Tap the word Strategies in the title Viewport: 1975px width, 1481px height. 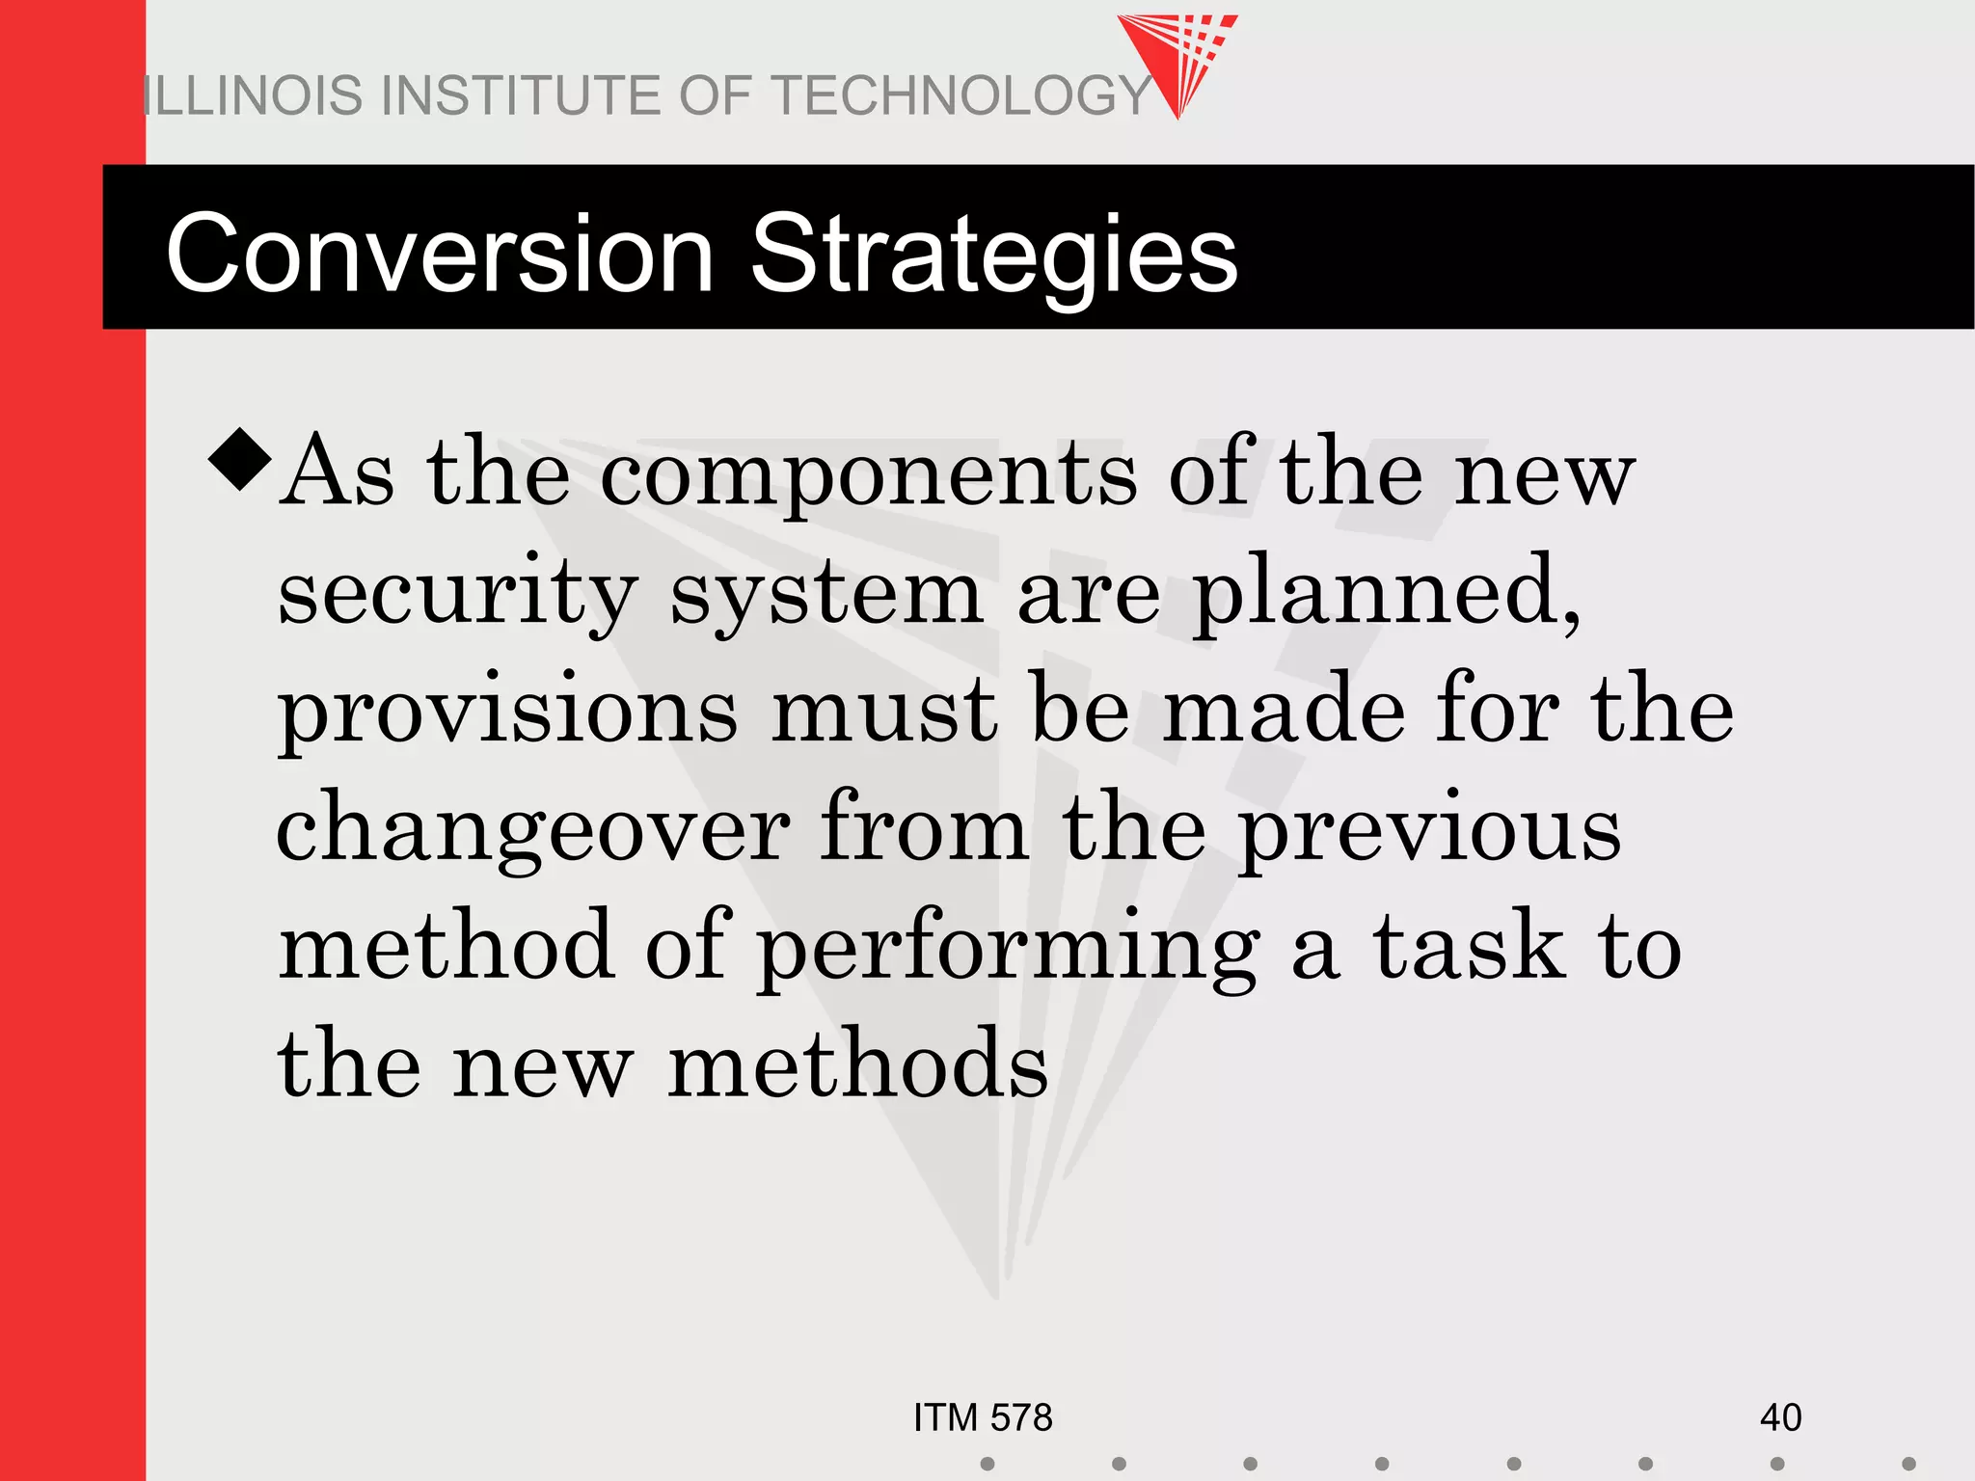point(993,255)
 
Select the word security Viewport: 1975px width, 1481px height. point(457,593)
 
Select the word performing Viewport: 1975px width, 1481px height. point(1009,950)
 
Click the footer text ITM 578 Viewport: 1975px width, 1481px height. point(983,1418)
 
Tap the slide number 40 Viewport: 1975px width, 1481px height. point(1780,1418)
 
